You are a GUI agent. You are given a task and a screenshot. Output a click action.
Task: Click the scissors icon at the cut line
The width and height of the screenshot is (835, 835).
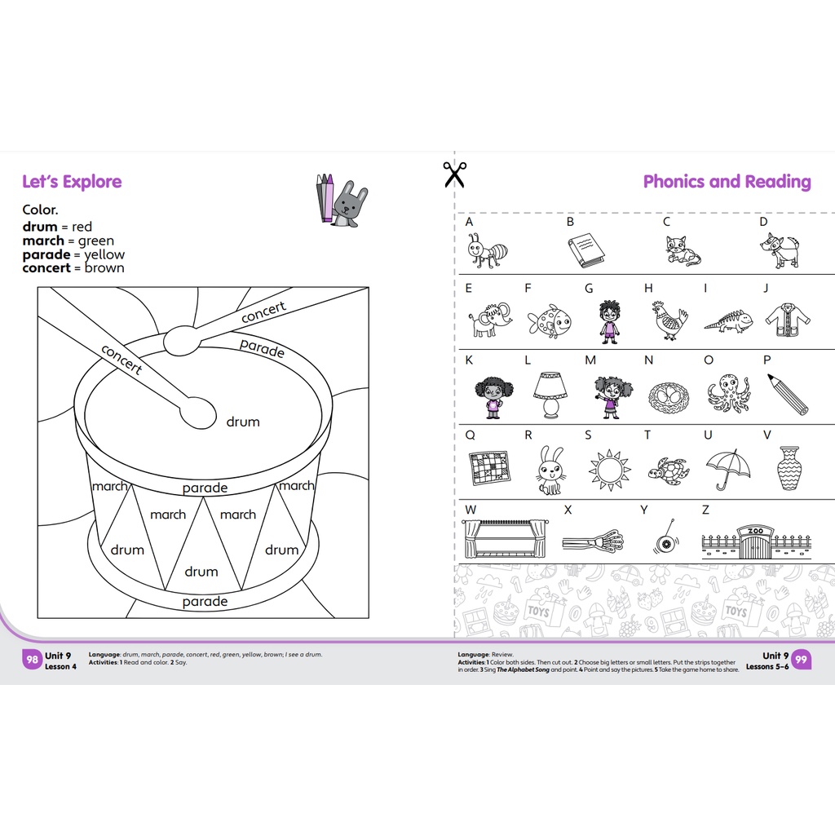455,175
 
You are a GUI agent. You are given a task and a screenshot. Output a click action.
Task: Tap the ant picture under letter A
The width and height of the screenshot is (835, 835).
488,250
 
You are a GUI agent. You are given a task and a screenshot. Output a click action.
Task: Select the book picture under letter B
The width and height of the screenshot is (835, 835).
585,250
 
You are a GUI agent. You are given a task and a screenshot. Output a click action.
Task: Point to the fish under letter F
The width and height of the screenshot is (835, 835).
550,321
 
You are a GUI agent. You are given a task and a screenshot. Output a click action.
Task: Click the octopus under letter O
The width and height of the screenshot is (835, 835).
729,394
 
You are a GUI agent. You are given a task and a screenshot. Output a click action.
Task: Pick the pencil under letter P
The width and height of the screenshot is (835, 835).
788,394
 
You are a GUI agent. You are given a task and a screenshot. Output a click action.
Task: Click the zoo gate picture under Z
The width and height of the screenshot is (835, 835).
757,541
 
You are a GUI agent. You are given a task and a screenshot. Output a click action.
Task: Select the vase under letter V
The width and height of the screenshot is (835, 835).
789,468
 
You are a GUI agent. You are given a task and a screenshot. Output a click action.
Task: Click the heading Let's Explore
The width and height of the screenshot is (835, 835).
72,182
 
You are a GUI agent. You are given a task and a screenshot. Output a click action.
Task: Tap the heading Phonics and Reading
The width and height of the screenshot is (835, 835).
727,182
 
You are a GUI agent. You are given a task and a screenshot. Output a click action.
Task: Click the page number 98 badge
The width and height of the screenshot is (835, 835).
32,659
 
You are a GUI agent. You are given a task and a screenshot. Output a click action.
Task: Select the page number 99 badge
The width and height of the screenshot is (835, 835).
801,659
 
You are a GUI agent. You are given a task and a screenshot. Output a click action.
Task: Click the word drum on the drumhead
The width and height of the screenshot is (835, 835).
243,422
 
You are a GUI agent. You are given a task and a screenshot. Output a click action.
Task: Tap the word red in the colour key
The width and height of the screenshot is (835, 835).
82,227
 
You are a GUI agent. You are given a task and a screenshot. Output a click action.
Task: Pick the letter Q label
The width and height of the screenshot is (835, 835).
471,435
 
